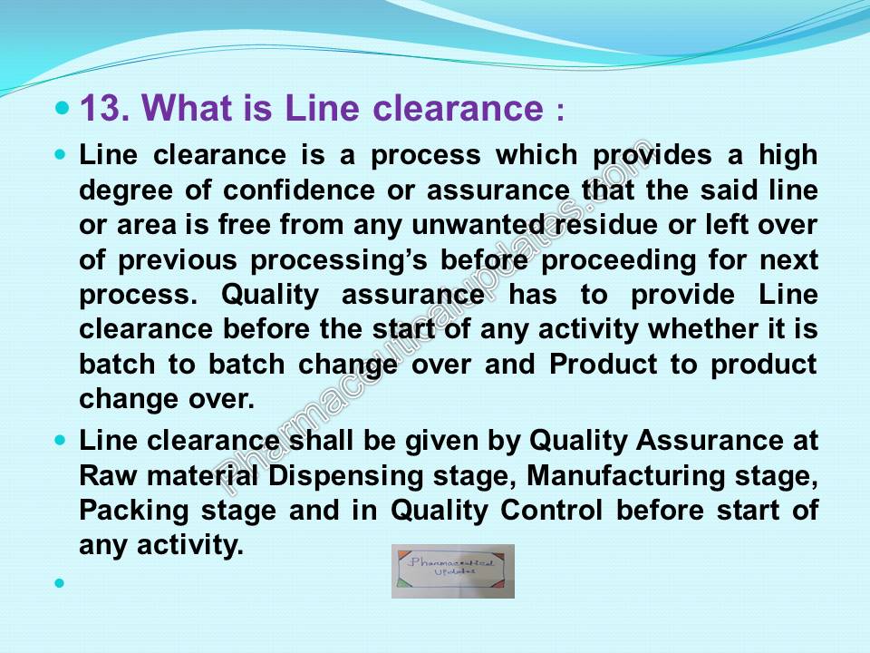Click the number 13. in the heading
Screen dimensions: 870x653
point(105,107)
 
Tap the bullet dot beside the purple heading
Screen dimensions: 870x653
point(63,107)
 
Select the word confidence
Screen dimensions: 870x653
point(299,190)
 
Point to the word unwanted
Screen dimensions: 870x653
point(478,225)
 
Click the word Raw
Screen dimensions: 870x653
point(108,476)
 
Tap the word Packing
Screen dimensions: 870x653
point(134,511)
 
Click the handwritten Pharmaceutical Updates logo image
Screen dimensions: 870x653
point(453,570)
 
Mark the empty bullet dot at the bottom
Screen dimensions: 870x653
point(60,583)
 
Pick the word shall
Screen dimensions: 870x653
point(321,441)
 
